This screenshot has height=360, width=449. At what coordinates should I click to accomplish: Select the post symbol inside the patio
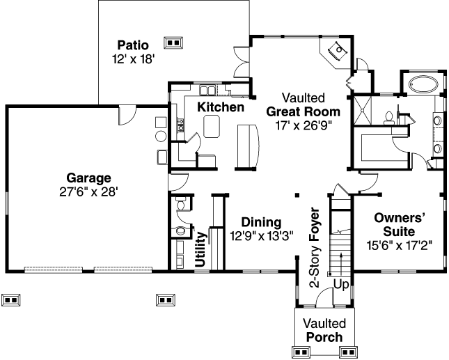[173, 42]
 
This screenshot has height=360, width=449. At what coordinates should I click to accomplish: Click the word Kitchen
[220, 107]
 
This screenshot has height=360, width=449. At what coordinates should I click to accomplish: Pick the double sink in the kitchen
[207, 91]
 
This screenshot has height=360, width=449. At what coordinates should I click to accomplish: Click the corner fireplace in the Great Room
[336, 50]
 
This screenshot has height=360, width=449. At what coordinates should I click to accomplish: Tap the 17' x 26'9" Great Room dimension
[304, 125]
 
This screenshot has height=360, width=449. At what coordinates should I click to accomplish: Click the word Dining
[261, 222]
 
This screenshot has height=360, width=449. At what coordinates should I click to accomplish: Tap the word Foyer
[314, 224]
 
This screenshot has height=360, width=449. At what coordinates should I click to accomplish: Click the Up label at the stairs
[341, 284]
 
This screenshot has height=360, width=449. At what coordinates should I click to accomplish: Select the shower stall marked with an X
[365, 113]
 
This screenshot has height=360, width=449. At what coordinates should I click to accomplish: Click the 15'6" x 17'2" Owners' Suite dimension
[400, 245]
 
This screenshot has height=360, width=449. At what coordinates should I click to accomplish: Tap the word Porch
[324, 338]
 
